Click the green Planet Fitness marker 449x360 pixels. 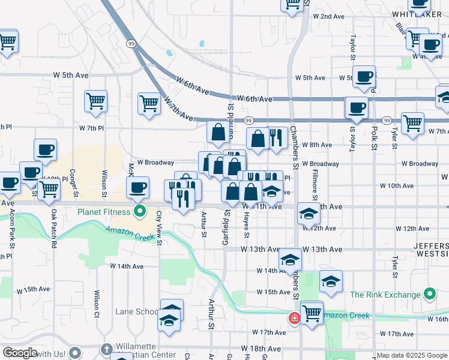pos(140,211)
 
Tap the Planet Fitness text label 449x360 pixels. pos(103,212)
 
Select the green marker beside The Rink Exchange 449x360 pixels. pos(429,295)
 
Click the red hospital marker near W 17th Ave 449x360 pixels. pos(295,318)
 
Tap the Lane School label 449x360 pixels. pos(137,311)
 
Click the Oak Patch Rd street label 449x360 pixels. pos(53,228)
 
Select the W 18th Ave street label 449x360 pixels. pos(261,349)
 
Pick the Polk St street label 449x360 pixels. pos(373,137)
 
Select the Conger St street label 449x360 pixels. pos(75,182)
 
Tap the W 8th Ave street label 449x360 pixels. pos(317,145)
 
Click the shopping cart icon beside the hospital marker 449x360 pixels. pos(312,313)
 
